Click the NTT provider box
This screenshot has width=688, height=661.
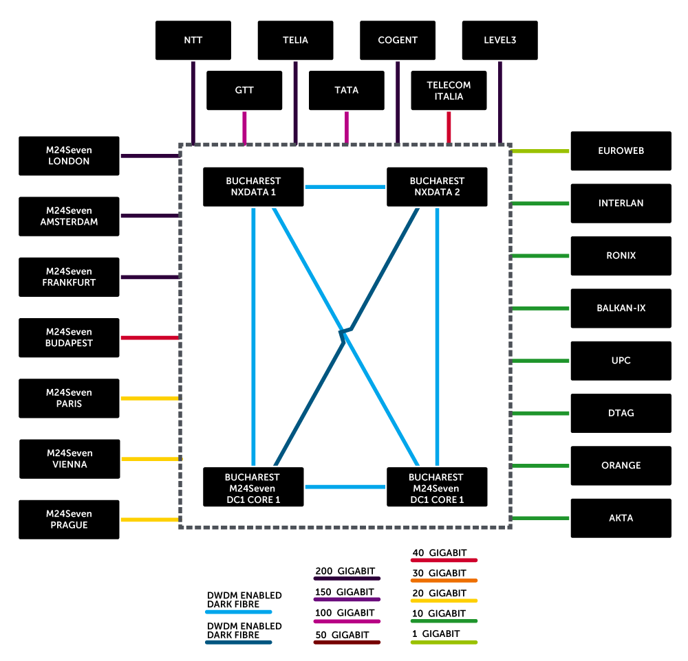(x=193, y=40)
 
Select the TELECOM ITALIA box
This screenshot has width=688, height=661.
(x=449, y=91)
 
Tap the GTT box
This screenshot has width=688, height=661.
(x=244, y=90)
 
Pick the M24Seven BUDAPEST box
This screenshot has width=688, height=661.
(x=69, y=337)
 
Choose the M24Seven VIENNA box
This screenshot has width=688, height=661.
(x=69, y=458)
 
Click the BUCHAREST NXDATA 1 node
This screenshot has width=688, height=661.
(x=253, y=186)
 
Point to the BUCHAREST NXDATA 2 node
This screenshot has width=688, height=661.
(x=437, y=186)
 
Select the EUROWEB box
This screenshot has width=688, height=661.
(x=621, y=150)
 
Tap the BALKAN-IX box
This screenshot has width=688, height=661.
(x=621, y=308)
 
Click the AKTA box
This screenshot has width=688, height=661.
(x=621, y=518)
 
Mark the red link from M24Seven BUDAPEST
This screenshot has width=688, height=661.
(x=150, y=337)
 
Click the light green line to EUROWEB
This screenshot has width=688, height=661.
(x=541, y=151)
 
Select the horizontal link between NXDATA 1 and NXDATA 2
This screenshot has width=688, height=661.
(x=345, y=186)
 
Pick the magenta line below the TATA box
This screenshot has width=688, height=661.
(x=346, y=127)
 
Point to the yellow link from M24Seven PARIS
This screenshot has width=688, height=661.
(x=150, y=398)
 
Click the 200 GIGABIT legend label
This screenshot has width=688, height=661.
(x=345, y=571)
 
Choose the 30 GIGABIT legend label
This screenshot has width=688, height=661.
(x=439, y=572)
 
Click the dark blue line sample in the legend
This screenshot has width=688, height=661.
(x=239, y=642)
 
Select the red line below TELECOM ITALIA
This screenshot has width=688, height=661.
(x=449, y=127)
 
